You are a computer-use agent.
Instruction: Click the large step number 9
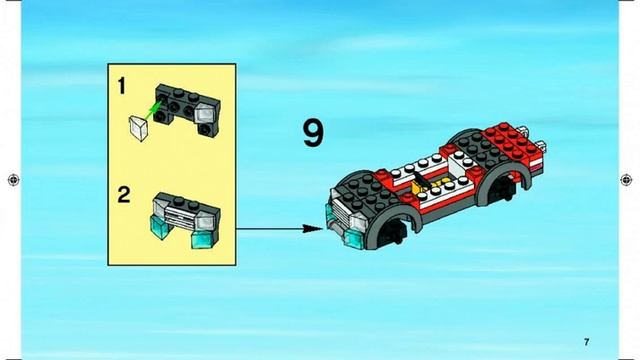point(313,133)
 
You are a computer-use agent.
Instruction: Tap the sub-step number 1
point(122,86)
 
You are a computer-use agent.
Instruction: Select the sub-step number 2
point(124,195)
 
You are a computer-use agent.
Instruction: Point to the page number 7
point(587,342)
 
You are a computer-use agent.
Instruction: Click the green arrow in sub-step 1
point(151,110)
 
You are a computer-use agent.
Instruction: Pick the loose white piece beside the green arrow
point(139,128)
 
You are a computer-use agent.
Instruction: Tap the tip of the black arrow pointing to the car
point(322,229)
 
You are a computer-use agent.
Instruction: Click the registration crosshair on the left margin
point(13,180)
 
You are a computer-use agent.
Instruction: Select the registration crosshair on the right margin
point(626,180)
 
